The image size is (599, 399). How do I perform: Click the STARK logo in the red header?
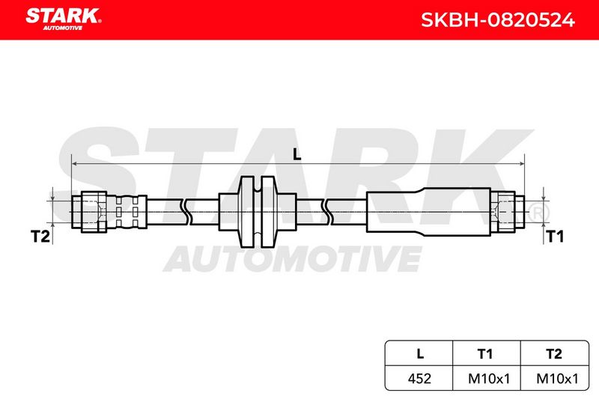point(64,19)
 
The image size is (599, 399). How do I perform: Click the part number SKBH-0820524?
point(497,20)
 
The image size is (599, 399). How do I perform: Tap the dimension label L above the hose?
point(297,154)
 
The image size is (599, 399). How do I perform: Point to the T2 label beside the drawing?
point(40,237)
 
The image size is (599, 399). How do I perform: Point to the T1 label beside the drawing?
point(555,237)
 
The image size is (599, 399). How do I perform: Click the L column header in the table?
point(420,353)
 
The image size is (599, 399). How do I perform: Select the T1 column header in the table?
point(485,354)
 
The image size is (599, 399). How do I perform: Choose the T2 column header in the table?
point(554,354)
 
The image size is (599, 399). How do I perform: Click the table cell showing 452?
point(419,378)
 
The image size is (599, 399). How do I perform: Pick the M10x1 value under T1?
point(489,378)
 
